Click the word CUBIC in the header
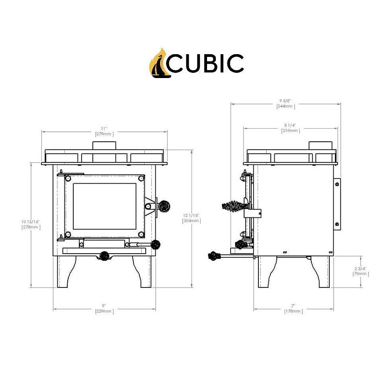click(205, 63)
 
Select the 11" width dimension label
click(104, 129)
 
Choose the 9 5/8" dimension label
click(285, 100)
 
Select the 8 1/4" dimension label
click(290, 125)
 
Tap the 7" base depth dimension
click(293, 306)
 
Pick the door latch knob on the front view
click(163, 206)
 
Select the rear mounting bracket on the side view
click(337, 203)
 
